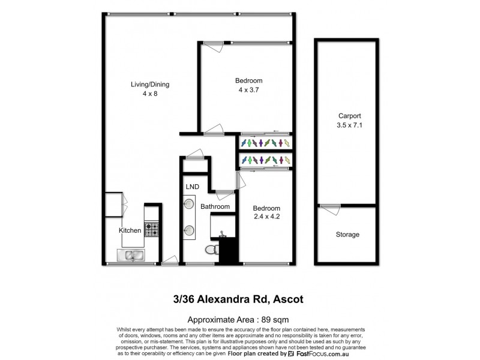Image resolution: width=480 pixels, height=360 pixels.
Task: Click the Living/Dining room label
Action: click(x=150, y=85)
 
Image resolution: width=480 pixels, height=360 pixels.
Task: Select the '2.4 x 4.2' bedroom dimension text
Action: click(x=267, y=217)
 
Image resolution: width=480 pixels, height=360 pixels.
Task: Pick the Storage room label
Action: click(x=347, y=235)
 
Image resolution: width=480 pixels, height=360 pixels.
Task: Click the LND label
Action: click(x=193, y=187)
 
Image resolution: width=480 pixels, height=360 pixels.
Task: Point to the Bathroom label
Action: click(x=215, y=207)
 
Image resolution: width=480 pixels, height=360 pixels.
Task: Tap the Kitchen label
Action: click(x=130, y=230)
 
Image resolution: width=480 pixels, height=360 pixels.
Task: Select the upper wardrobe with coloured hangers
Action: click(x=265, y=143)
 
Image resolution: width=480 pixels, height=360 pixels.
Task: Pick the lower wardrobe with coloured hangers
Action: click(x=265, y=161)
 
